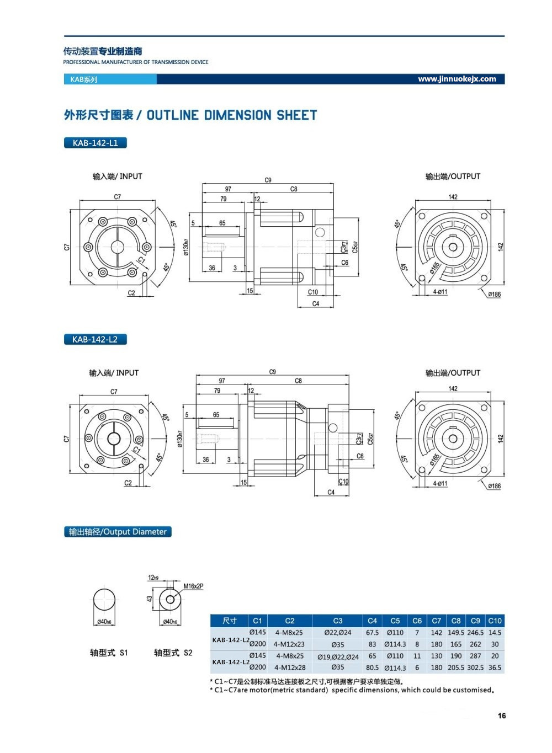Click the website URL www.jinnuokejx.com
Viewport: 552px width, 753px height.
[457, 79]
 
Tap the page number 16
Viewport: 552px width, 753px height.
[501, 715]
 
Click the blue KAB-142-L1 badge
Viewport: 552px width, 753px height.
[95, 143]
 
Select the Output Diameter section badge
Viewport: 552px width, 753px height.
[118, 532]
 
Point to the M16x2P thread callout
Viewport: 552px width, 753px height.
[193, 586]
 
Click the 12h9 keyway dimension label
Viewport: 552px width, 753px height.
[153, 578]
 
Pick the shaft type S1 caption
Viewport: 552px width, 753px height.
[109, 653]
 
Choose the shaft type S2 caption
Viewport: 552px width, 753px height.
[173, 653]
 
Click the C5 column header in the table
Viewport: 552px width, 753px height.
[395, 621]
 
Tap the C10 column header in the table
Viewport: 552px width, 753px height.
[495, 621]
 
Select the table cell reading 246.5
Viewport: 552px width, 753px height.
[475, 633]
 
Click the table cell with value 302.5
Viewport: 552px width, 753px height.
[475, 667]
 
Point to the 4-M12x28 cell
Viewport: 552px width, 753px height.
[290, 667]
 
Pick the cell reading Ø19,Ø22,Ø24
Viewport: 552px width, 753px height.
[338, 656]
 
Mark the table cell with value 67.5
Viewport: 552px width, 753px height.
[372, 633]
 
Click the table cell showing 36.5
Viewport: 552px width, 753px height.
[495, 667]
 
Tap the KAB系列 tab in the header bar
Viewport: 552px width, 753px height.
[84, 79]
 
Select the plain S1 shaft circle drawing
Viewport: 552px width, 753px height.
[104, 600]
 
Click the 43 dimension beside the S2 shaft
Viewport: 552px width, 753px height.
[150, 599]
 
